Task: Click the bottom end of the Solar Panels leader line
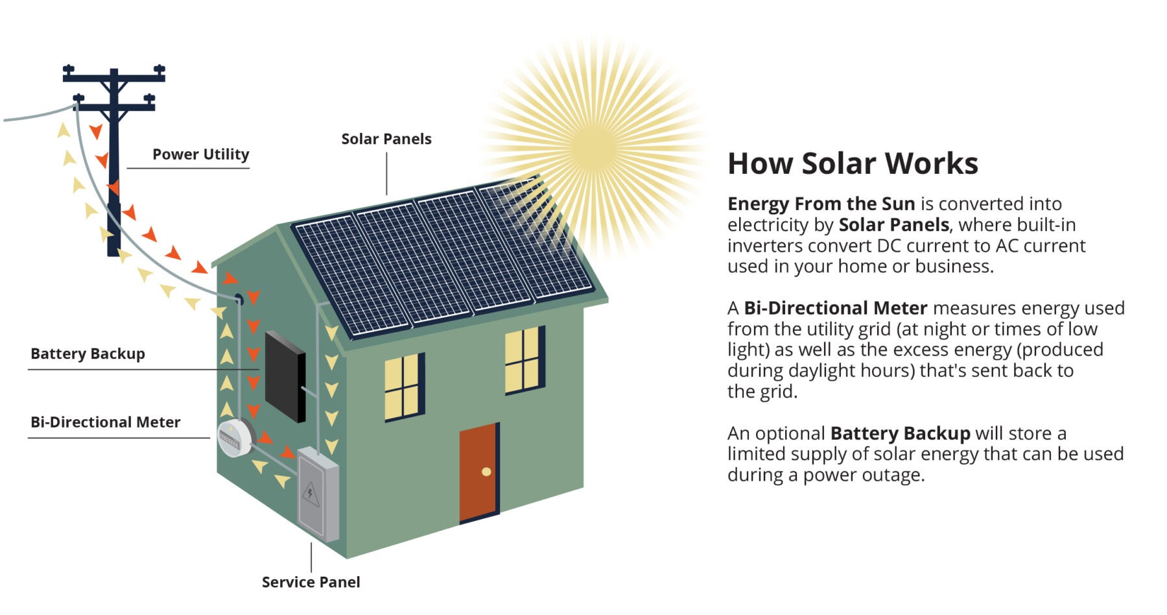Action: tap(387, 195)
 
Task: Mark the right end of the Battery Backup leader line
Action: tap(259, 370)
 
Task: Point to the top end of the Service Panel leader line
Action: tap(311, 543)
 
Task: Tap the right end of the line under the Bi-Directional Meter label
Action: tap(210, 438)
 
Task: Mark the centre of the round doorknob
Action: tap(486, 472)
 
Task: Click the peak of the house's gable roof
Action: tap(277, 224)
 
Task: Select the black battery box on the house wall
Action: tap(285, 376)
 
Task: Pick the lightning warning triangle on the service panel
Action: tap(311, 494)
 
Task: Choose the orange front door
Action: tap(478, 473)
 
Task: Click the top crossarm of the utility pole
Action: tap(114, 75)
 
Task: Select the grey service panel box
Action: tap(318, 494)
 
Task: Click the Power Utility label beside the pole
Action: tap(201, 154)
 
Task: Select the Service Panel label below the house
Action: tap(311, 582)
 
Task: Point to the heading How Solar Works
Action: tap(853, 163)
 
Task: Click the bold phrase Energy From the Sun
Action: tap(821, 204)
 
